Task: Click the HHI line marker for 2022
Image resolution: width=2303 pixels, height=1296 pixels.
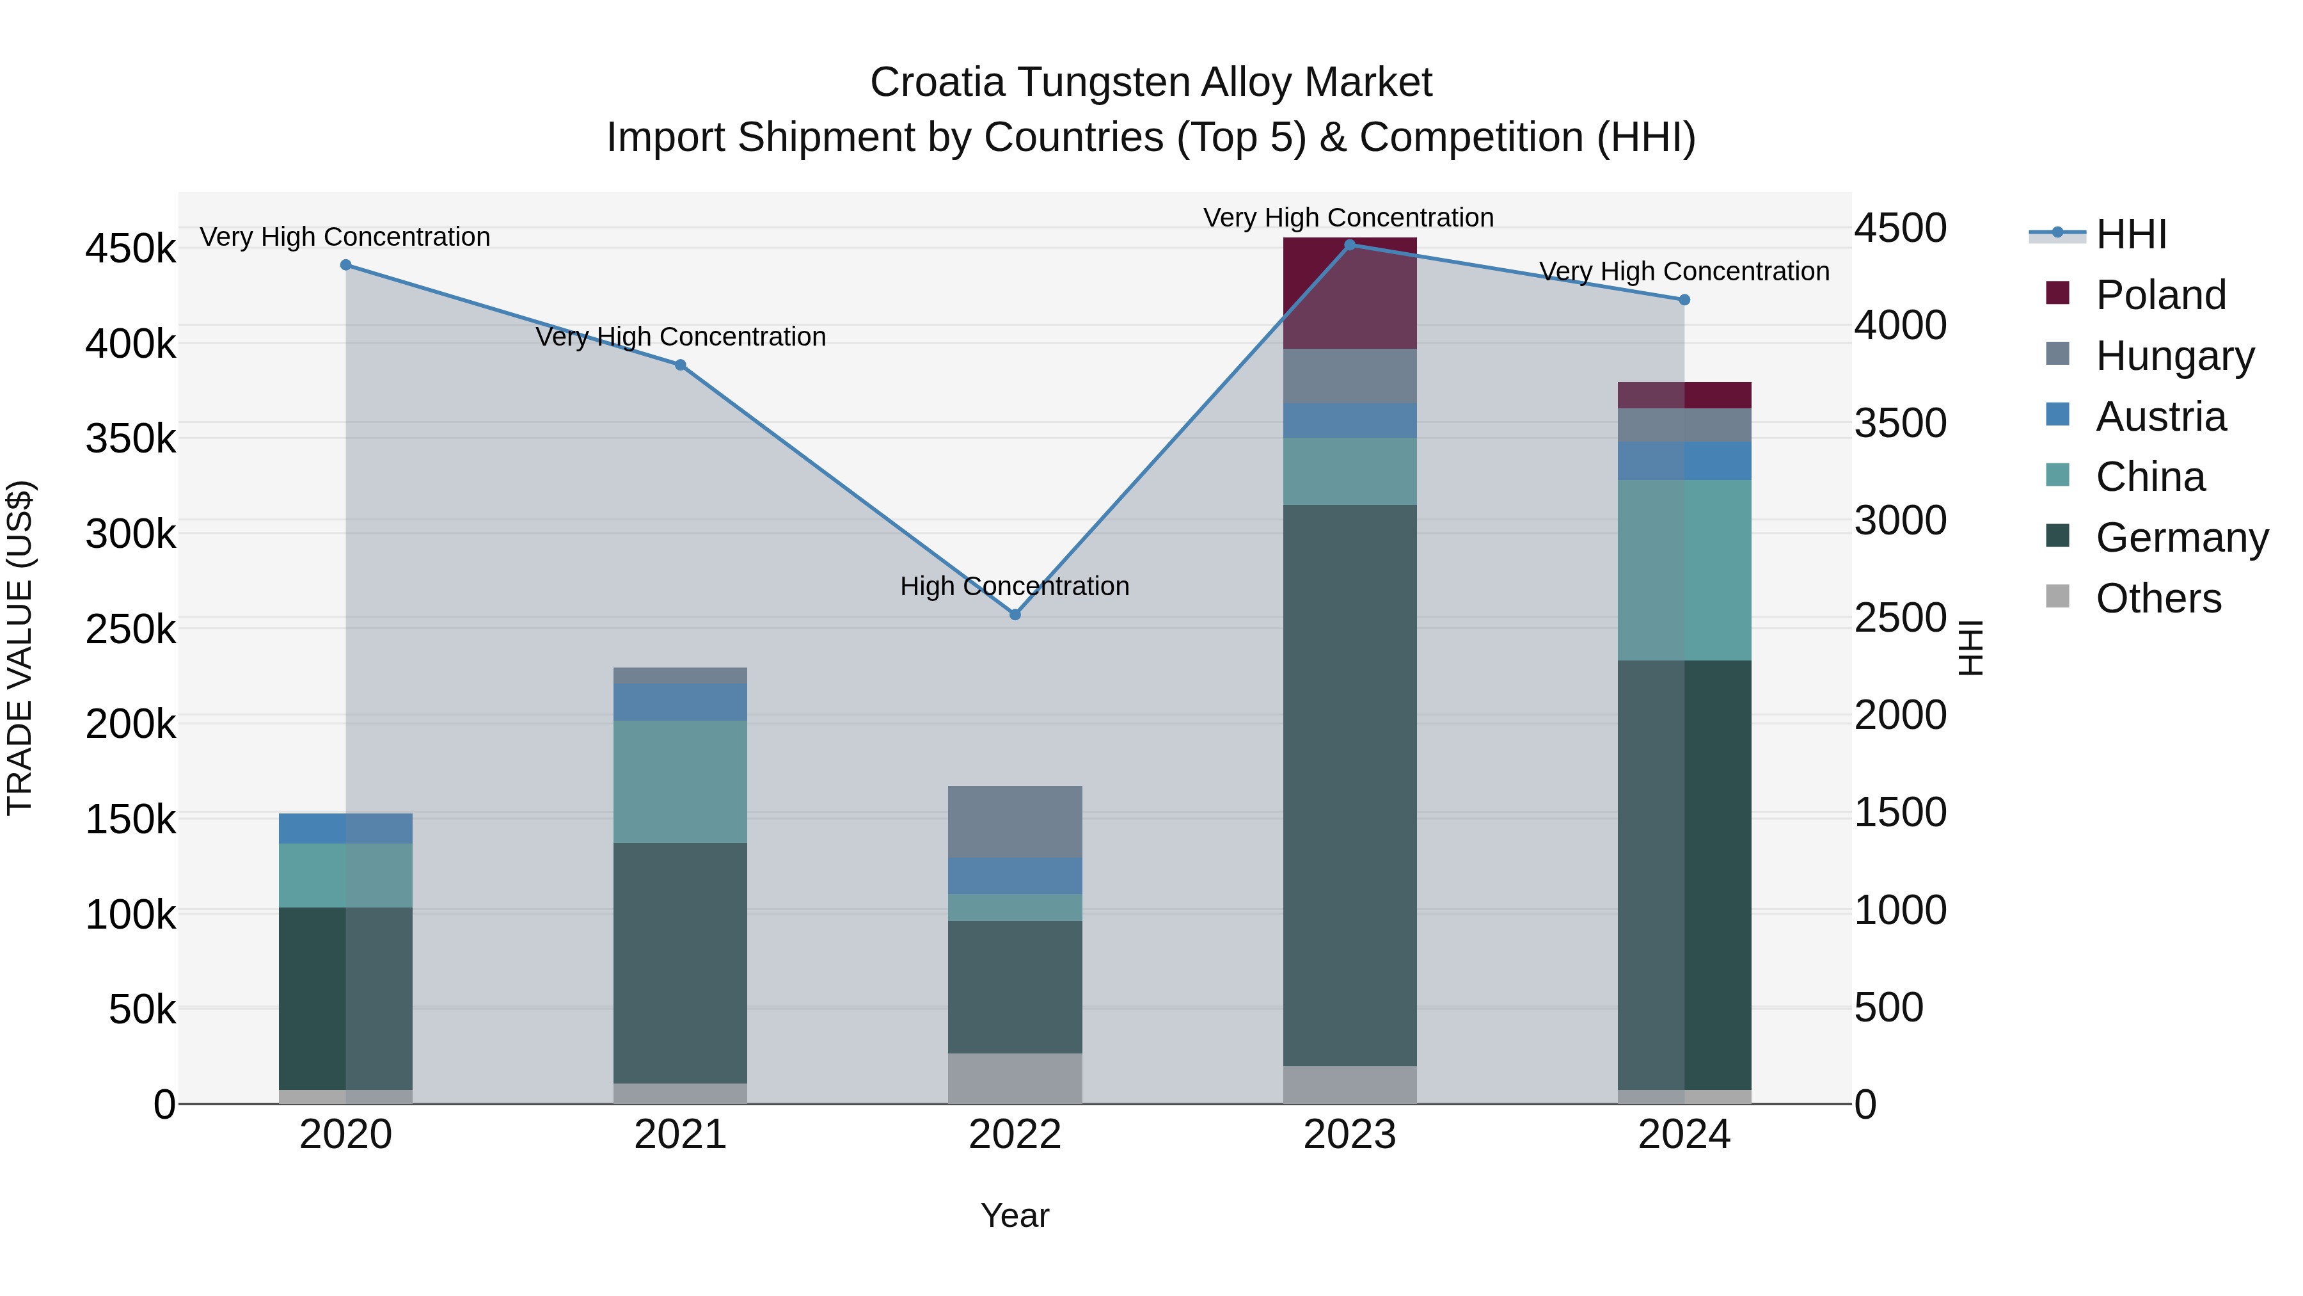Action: coord(1015,614)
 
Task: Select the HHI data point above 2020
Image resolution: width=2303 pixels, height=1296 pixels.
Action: coord(346,265)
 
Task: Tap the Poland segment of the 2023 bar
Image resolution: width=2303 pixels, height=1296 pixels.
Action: coord(1350,293)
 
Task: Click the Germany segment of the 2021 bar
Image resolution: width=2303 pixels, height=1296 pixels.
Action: coord(681,963)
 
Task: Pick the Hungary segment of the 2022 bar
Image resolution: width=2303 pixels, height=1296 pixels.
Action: coord(1015,821)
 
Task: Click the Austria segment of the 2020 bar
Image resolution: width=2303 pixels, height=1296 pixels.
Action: coord(346,828)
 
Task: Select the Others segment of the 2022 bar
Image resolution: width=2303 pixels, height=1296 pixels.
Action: coord(1015,1078)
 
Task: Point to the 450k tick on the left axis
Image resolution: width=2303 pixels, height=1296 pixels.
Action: coord(131,249)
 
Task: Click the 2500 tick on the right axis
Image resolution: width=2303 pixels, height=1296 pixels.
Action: coord(1900,618)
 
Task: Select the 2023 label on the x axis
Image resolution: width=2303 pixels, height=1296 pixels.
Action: coord(1349,1135)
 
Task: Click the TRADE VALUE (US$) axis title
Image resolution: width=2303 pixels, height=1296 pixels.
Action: coord(20,648)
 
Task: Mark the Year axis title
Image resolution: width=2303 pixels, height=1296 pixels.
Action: coord(1015,1215)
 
